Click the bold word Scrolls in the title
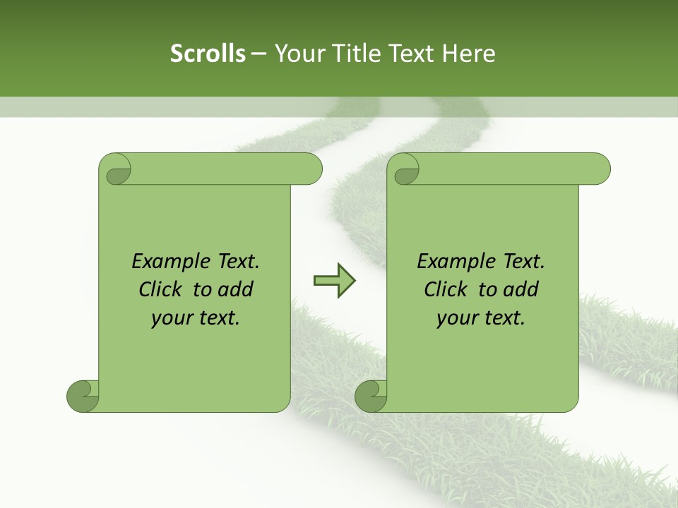pos(208,54)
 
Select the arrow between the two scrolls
pos(334,280)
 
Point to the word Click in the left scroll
pos(161,289)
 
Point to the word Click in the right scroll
pos(446,289)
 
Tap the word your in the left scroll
pos(170,318)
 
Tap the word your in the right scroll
pos(456,318)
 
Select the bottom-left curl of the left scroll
pos(83,396)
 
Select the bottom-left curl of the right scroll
pos(371,396)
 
